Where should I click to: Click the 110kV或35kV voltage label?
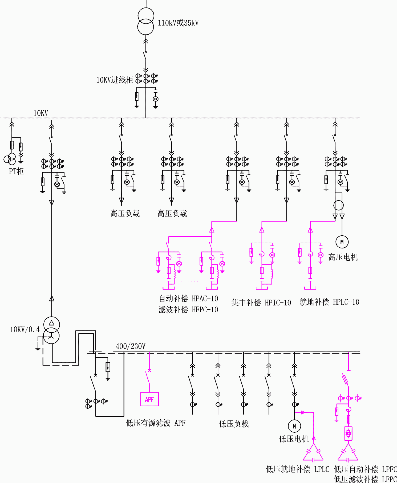[178, 23]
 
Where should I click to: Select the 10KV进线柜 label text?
[115, 80]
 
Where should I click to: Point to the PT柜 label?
[16, 171]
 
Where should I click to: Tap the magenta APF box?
[149, 399]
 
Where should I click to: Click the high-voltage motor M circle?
[342, 242]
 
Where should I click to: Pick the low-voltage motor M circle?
[294, 426]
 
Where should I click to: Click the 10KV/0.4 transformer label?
[25, 330]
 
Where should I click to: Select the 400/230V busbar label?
[131, 346]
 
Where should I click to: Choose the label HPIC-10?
[278, 303]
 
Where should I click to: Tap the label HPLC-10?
[346, 302]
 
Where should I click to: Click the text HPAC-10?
[205, 299]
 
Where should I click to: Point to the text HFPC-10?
[205, 310]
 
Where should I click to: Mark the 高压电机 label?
[343, 257]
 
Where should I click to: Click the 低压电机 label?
[294, 439]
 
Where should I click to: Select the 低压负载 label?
[234, 424]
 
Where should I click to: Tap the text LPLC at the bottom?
[322, 469]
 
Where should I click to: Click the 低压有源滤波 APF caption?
[156, 423]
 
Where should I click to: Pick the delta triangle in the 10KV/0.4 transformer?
[52, 323]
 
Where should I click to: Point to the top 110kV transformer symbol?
[146, 21]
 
